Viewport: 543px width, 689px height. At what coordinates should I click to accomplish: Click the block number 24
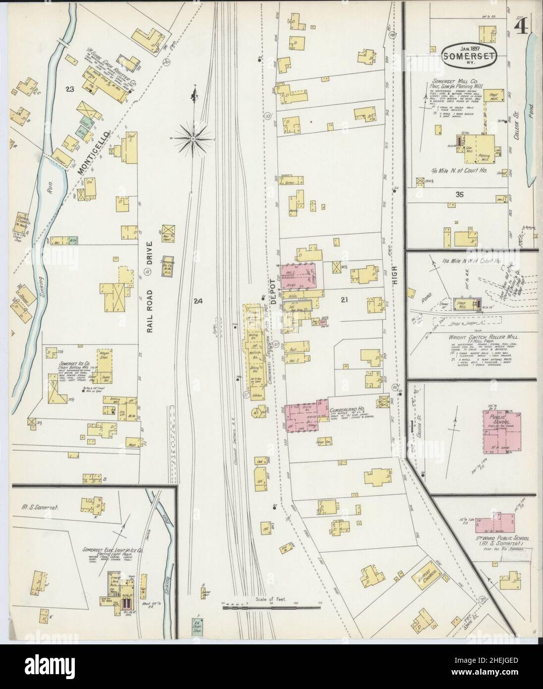click(x=198, y=300)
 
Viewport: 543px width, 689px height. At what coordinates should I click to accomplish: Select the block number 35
click(x=460, y=194)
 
